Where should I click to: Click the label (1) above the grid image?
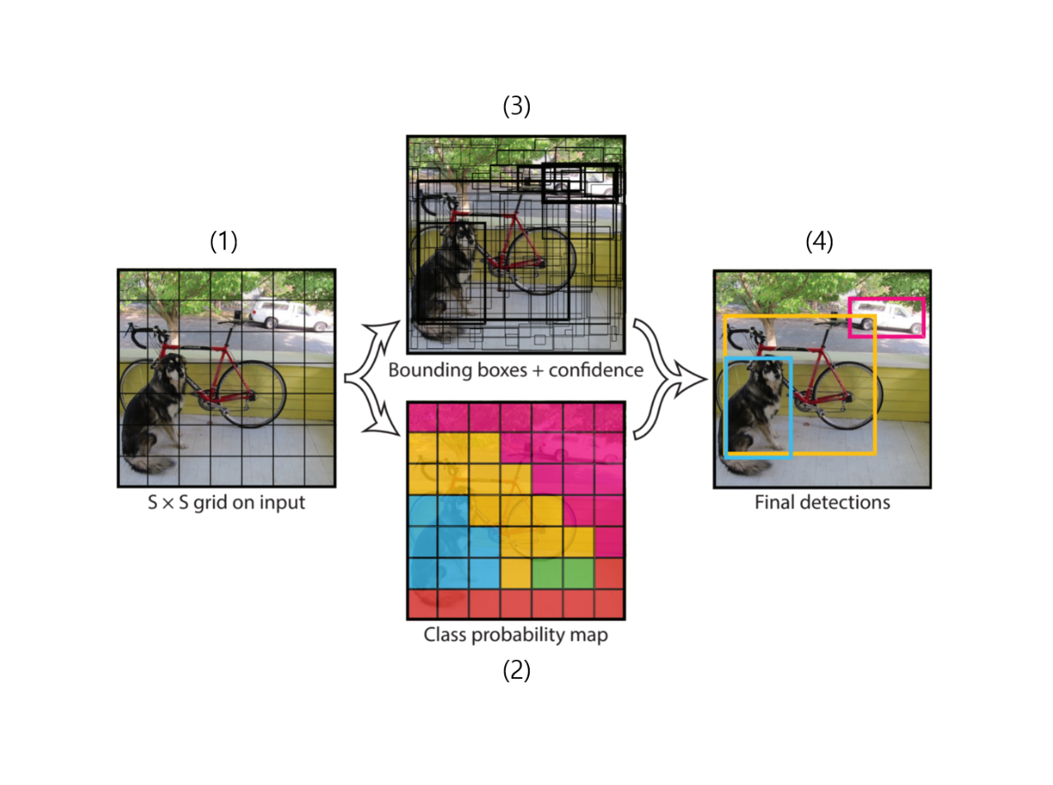(223, 241)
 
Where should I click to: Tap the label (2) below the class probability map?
(516, 670)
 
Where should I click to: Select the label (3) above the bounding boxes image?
(516, 106)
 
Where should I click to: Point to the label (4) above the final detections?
(819, 241)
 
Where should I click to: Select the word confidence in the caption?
(596, 370)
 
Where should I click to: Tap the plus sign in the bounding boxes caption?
(537, 371)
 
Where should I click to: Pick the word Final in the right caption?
(774, 502)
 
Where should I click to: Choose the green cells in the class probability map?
(563, 573)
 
